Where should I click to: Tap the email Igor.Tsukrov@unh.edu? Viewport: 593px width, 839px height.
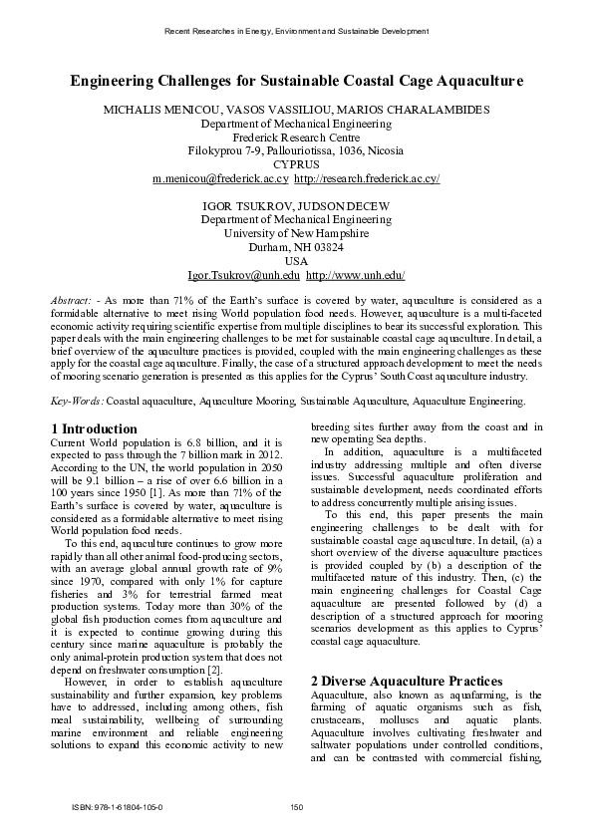243,275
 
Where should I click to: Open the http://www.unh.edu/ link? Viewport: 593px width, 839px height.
355,275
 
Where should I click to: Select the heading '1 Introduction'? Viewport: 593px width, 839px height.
94,428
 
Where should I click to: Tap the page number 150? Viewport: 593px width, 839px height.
296,807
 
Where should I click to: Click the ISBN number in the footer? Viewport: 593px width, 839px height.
117,807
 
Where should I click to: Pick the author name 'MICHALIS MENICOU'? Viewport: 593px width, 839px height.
176,109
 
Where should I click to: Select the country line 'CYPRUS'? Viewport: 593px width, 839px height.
296,164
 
